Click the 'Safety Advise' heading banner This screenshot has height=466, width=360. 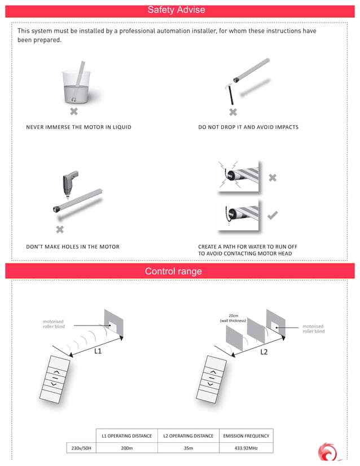click(x=176, y=10)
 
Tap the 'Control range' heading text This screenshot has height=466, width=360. click(x=173, y=271)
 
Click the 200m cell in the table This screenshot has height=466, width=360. click(x=126, y=448)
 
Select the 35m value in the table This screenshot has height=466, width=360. click(x=188, y=448)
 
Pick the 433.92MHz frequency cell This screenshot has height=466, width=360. click(x=246, y=448)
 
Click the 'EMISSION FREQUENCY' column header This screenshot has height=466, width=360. click(x=246, y=436)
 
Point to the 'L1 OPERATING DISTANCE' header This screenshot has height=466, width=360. click(x=126, y=436)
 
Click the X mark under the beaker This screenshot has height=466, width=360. click(x=73, y=112)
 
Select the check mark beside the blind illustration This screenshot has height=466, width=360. click(x=272, y=215)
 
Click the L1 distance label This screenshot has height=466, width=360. click(x=98, y=351)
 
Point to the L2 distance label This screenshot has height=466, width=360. click(x=264, y=351)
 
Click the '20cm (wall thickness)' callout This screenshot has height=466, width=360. click(x=232, y=318)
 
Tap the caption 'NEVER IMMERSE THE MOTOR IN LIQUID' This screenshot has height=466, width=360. click(x=78, y=128)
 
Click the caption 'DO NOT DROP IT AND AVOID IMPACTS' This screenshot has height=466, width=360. click(x=248, y=128)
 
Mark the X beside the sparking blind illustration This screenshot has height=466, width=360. click(x=273, y=178)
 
